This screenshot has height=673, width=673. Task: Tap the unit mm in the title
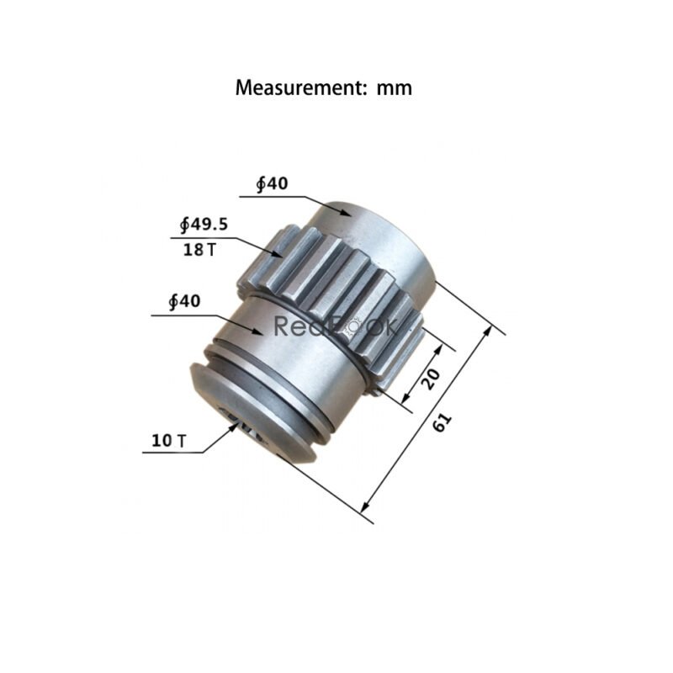pyautogui.click(x=395, y=87)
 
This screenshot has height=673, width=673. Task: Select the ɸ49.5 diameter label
pyautogui.click(x=204, y=224)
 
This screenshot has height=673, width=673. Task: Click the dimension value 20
pyautogui.click(x=429, y=379)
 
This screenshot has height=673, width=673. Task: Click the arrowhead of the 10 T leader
pyautogui.click(x=236, y=427)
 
